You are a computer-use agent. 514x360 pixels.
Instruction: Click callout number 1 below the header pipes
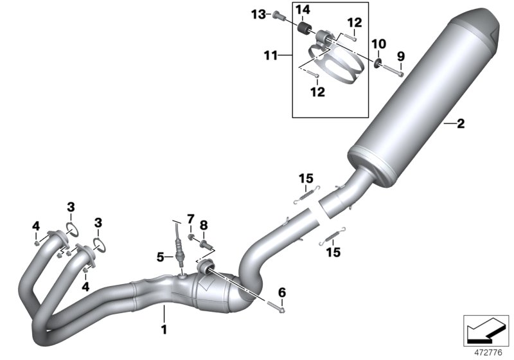(164, 330)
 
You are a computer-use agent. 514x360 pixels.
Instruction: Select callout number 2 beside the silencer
(460, 124)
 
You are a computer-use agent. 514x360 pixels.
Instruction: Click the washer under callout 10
(378, 63)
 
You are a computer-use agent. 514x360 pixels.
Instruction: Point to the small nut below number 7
(191, 239)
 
